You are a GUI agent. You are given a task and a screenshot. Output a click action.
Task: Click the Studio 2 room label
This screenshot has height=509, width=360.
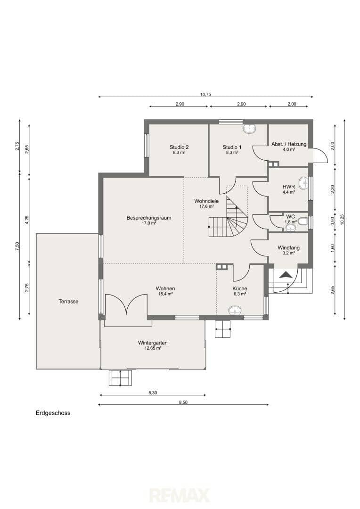pos(179,147)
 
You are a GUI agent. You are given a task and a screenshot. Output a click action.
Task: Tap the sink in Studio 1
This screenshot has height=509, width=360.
pos(250,129)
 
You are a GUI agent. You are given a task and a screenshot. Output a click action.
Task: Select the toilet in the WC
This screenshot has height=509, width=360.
pos(303,222)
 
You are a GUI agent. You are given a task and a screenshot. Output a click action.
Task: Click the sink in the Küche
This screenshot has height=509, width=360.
pos(235,311)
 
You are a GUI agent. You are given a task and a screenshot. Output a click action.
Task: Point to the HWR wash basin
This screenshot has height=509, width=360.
pos(303,183)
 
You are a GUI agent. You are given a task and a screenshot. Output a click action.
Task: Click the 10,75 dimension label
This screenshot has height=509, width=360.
pos(205,95)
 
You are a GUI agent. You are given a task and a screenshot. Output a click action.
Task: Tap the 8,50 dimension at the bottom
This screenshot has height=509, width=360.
pos(183,402)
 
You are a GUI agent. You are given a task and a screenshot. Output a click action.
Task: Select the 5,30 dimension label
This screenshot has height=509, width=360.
pos(153,393)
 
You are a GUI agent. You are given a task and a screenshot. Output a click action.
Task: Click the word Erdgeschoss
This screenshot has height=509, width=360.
pos(53,413)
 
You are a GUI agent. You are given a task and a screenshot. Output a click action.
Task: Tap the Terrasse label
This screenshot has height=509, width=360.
pos(68,301)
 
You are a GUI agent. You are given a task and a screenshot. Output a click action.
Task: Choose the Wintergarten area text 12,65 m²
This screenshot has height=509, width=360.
pos(153,348)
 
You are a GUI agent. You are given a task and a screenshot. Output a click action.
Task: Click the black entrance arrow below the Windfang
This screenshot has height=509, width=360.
pos(286,275)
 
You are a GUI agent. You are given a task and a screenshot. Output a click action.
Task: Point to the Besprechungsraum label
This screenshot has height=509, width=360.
pos(149,218)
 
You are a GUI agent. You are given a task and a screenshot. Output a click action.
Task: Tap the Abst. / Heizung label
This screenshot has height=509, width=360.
pos(289,144)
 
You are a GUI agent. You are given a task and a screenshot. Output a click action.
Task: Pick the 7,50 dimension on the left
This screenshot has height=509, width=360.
pos(17,246)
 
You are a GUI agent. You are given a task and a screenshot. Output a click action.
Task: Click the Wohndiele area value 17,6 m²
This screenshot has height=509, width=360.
pos(206,206)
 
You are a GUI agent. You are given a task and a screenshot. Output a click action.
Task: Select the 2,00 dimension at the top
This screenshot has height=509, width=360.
pos(292,104)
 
